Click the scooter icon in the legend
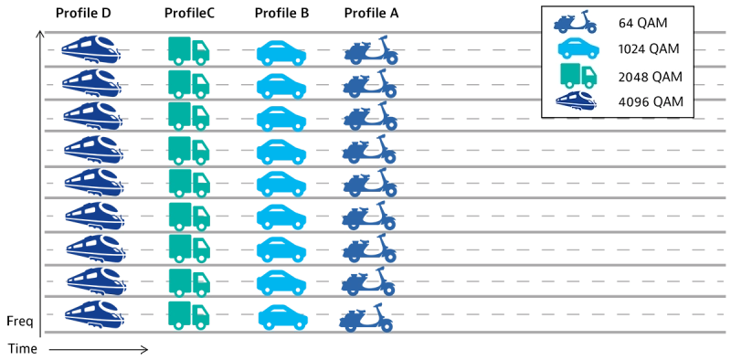pos(577,22)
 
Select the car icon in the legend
pos(577,48)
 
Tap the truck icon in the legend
pos(577,75)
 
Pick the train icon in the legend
pos(577,101)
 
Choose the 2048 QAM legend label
pos(650,76)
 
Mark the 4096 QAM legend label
pos(650,101)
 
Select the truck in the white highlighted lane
pos(190,183)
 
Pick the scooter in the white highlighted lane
pos(371,183)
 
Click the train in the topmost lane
pos(91,48)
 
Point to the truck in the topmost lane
pos(190,50)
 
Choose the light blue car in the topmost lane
pos(281,52)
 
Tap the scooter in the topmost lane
pos(373,50)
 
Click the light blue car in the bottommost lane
pos(283,317)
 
